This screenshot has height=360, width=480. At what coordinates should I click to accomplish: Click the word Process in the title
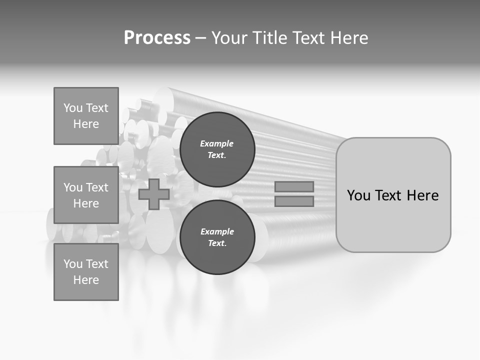click(157, 38)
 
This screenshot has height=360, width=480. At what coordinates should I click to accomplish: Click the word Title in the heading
click(270, 38)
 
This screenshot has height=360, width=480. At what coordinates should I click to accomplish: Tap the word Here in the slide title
click(347, 38)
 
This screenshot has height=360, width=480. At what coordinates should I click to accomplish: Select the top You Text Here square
click(86, 116)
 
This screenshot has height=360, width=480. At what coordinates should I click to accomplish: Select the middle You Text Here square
click(86, 195)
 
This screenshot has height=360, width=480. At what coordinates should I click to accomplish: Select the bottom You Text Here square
click(86, 272)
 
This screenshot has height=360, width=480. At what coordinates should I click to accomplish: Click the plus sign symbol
click(154, 194)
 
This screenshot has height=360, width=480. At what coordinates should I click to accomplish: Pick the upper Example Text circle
click(217, 149)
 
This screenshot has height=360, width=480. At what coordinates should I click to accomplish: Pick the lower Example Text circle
click(217, 237)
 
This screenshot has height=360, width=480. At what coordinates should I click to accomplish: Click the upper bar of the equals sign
click(294, 187)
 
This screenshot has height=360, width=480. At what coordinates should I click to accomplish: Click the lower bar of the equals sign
click(294, 201)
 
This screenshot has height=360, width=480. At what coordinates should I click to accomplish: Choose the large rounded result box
click(393, 195)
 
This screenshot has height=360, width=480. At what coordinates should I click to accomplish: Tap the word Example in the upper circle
click(217, 144)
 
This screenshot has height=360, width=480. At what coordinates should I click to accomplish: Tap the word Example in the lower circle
click(217, 232)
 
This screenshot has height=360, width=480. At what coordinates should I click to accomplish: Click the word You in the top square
click(73, 108)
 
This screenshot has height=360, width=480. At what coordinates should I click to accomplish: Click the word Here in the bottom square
click(86, 280)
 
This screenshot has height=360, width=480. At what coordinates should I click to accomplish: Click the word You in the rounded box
click(358, 195)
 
